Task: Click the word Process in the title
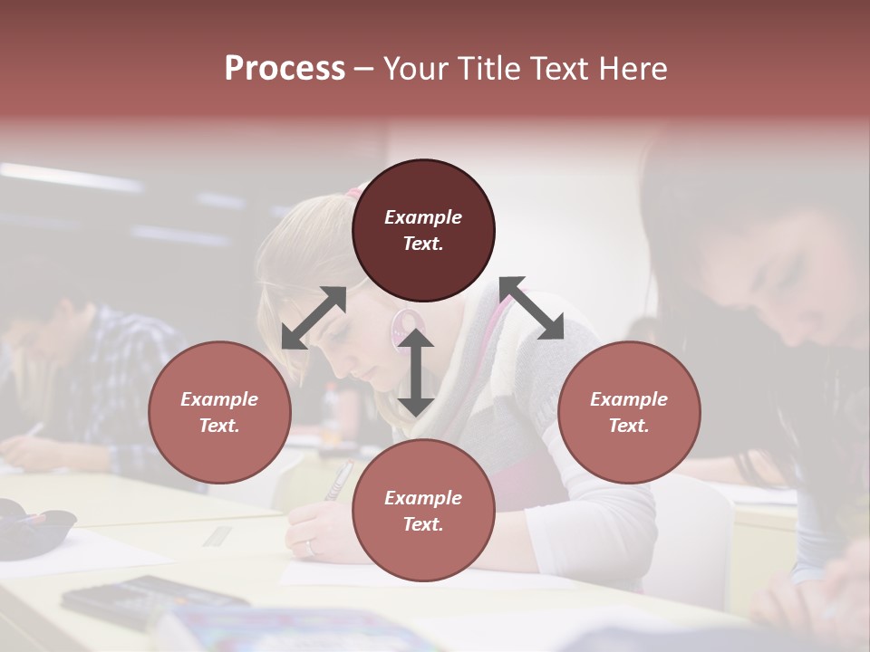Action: point(285,69)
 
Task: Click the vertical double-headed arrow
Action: point(416,372)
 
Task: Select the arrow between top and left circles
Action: point(314,318)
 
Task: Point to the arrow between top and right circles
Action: point(531,308)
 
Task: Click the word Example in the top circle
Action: point(423,217)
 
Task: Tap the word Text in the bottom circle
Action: point(423,524)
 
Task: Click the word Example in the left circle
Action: point(219,399)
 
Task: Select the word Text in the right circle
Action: point(629,426)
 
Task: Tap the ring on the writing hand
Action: point(311,546)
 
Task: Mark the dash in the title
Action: point(363,70)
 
